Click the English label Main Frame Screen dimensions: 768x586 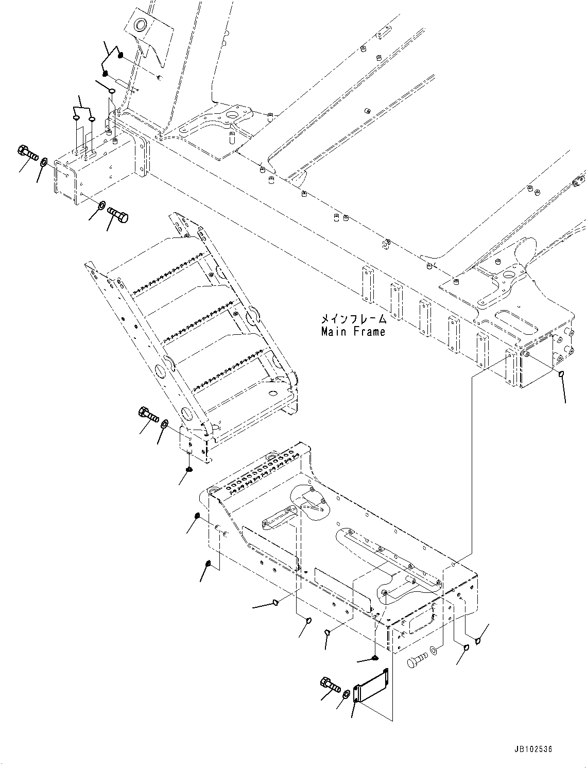353,332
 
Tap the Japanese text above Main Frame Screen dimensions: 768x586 353,320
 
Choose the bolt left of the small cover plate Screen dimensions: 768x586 330,685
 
